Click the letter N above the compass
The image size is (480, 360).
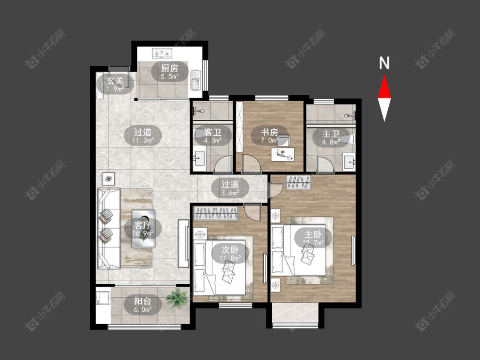384,63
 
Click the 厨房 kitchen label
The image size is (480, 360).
169,68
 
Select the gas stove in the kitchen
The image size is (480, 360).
162,53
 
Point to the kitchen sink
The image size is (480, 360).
195,80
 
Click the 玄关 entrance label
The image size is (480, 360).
115,81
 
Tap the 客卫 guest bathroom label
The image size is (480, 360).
213,133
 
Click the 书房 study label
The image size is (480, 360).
269,132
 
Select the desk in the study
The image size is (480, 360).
283,154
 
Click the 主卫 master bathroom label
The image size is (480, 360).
331,134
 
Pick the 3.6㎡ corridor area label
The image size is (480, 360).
230,193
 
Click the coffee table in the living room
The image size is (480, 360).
143,229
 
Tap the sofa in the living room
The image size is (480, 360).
108,228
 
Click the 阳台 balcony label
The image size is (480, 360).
143,301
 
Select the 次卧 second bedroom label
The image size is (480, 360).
230,250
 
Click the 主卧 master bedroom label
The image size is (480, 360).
313,234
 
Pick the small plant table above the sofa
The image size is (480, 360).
108,179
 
